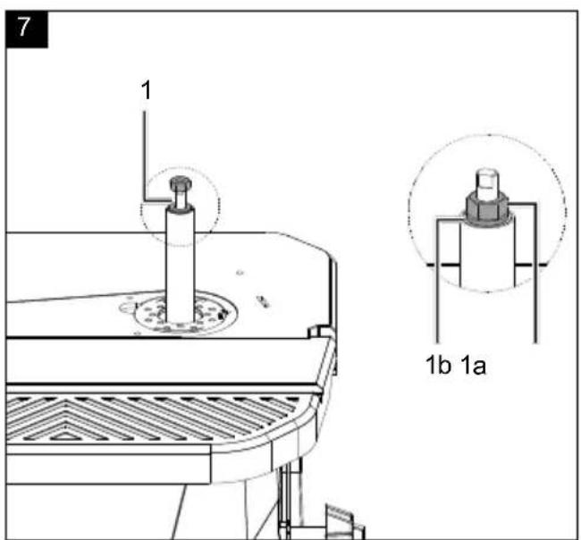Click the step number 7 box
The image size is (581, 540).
click(x=27, y=30)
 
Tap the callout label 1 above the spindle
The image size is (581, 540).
click(x=147, y=90)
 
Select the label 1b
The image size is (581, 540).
click(x=438, y=365)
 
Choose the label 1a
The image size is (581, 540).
click(x=473, y=365)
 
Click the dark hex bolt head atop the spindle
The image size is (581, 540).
click(x=181, y=182)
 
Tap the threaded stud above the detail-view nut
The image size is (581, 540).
click(x=488, y=183)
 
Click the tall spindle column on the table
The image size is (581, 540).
click(x=180, y=264)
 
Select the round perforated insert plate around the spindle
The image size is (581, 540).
click(x=184, y=312)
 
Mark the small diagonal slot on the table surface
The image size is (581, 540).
click(x=263, y=301)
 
